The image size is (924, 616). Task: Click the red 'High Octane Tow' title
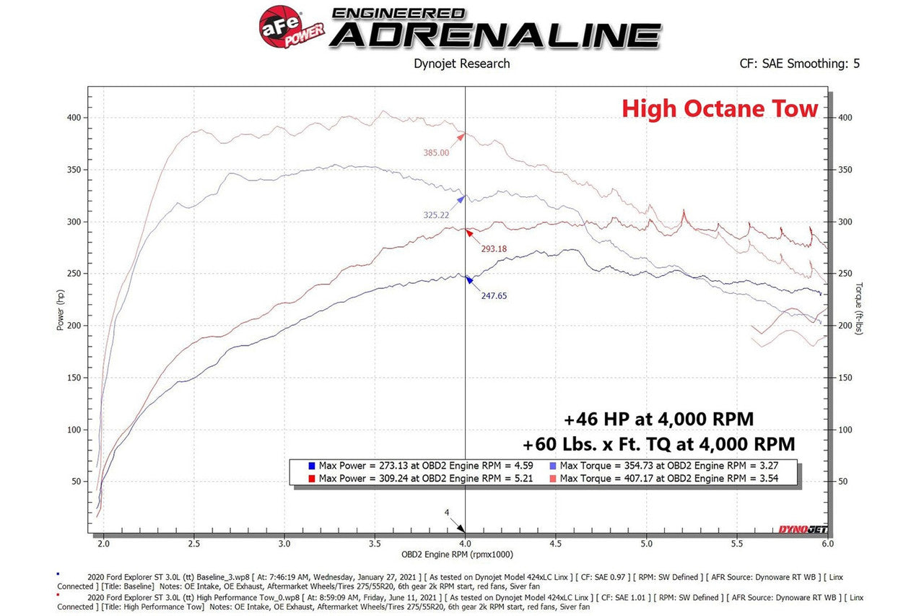[x=720, y=109]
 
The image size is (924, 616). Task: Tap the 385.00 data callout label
[x=436, y=153]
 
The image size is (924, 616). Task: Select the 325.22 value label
[x=436, y=215]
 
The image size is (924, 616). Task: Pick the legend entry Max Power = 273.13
[x=417, y=466]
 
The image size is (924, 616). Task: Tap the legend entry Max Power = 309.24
[x=417, y=478]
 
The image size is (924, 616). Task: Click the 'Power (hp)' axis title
[x=60, y=310]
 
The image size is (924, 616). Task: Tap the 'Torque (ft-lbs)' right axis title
[x=858, y=308]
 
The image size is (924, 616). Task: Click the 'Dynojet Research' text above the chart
[x=461, y=64]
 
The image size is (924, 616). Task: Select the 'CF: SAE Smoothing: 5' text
[x=799, y=64]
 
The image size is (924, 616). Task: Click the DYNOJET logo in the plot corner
[x=801, y=529]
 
